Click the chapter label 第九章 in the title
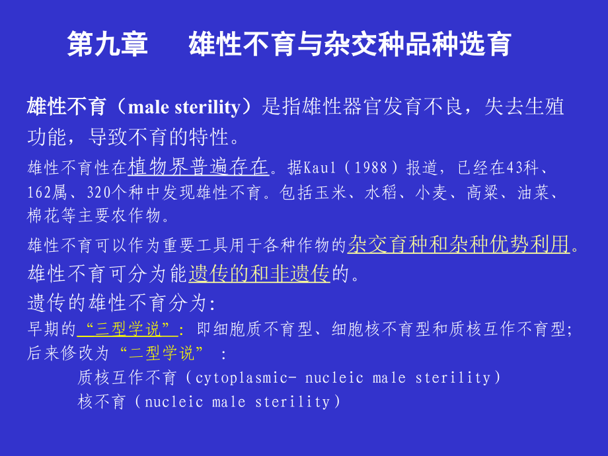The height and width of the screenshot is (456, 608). pyautogui.click(x=108, y=44)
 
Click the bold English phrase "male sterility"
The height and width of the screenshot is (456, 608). pyautogui.click(x=184, y=107)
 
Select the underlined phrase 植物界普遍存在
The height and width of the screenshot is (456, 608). pyautogui.click(x=198, y=167)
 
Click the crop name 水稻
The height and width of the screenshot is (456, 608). pyautogui.click(x=381, y=192)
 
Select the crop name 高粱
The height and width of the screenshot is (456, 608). pyautogui.click(x=482, y=192)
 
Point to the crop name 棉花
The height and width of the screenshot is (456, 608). pyautogui.click(x=44, y=215)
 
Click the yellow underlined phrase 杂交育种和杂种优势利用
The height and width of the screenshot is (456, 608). pyautogui.click(x=459, y=245)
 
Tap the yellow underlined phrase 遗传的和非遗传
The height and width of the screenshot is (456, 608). pyautogui.click(x=259, y=274)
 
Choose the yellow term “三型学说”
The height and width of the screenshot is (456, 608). pyautogui.click(x=128, y=329)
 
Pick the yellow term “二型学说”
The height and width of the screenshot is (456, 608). pyautogui.click(x=161, y=354)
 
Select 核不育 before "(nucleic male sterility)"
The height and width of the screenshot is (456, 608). pyautogui.click(x=102, y=402)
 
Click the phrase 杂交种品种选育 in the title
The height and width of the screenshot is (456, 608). pyautogui.click(x=417, y=44)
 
